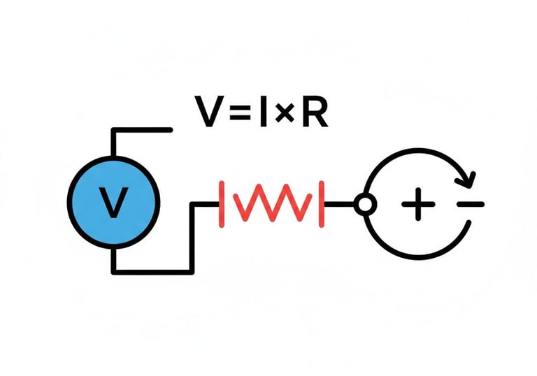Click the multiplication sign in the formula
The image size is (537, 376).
click(283, 114)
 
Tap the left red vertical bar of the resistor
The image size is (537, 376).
click(222, 204)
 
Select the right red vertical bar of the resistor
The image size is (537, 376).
click(322, 204)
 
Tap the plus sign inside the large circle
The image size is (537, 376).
click(418, 204)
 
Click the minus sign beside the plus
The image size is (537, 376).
click(470, 204)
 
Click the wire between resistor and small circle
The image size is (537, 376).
click(339, 204)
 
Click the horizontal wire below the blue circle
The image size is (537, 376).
click(150, 271)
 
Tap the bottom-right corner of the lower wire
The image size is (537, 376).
click(192, 271)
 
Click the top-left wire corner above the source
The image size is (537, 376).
click(113, 130)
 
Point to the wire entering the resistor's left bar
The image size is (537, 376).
click(206, 204)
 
